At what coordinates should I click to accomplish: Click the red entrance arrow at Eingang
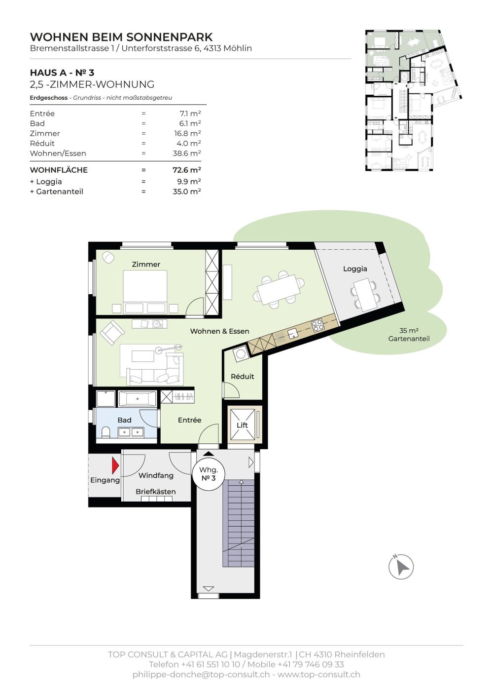[115, 465]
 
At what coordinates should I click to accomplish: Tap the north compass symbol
[401, 567]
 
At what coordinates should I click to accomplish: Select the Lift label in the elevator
[242, 425]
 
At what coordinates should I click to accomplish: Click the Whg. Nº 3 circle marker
[209, 474]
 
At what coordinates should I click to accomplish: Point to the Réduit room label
[242, 376]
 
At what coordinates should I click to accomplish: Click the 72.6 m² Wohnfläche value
[186, 170]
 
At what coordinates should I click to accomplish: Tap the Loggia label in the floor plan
[355, 269]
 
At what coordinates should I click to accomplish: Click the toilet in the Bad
[106, 432]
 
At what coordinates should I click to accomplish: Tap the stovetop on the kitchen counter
[317, 325]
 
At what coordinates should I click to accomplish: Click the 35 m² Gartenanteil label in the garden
[409, 335]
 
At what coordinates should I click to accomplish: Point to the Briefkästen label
[155, 492]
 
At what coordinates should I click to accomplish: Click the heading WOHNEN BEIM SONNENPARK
[121, 37]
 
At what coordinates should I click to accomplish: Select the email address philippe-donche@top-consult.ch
[201, 674]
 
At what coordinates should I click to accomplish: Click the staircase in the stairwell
[238, 523]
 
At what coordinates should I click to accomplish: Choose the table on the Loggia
[365, 294]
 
